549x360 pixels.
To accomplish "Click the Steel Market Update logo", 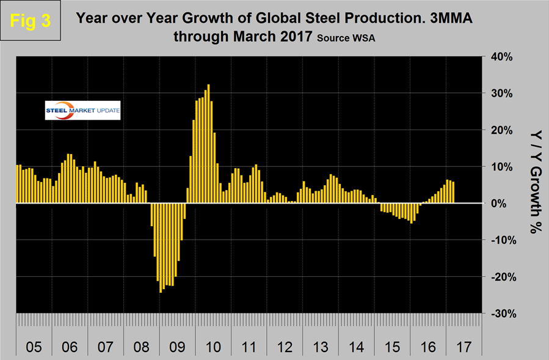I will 83,111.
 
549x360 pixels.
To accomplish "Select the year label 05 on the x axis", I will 34,347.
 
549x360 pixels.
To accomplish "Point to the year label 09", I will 177,347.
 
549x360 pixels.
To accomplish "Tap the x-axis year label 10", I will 213,347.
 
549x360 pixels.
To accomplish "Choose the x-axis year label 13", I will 320,347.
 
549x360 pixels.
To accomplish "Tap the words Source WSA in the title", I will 343,38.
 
